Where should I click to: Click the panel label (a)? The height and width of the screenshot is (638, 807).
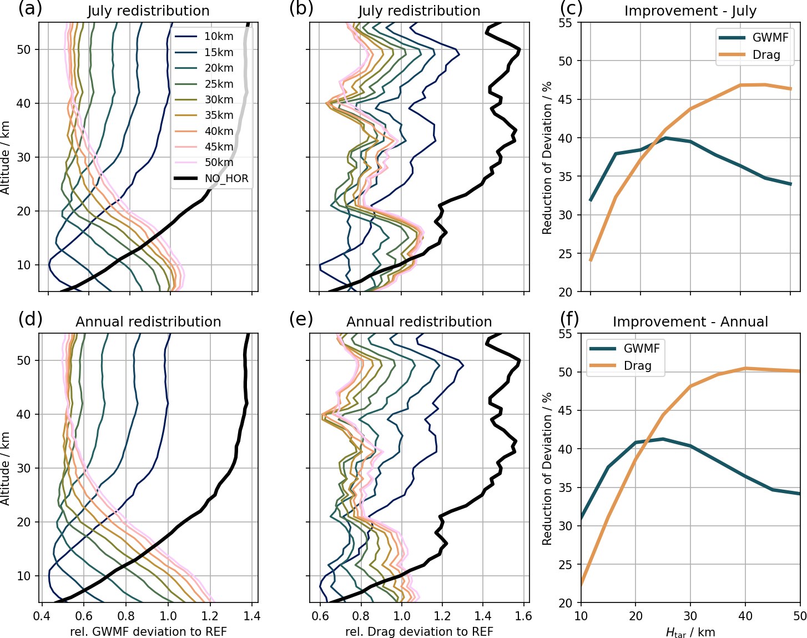click(30, 9)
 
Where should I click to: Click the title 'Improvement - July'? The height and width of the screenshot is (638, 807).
click(690, 11)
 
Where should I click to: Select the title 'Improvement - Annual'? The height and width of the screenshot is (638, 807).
click(690, 322)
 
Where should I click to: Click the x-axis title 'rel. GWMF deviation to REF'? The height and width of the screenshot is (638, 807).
click(148, 631)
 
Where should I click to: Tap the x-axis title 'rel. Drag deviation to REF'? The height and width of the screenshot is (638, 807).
click(419, 631)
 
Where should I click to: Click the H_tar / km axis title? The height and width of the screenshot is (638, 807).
click(690, 632)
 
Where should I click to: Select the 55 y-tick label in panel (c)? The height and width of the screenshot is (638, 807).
click(566, 23)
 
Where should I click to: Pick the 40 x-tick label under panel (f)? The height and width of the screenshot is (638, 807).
click(745, 616)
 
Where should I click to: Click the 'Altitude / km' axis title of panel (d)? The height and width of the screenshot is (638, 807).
click(6, 468)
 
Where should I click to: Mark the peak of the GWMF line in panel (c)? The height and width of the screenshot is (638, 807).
click(665, 138)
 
